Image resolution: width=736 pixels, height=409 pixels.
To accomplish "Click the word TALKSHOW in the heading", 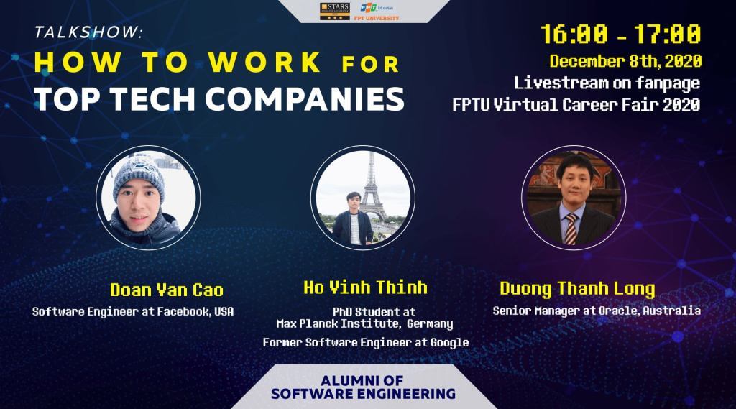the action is click(x=87, y=32).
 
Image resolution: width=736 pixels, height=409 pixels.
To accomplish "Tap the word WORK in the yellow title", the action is click(x=265, y=62).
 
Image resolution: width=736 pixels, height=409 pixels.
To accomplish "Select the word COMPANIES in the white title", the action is click(x=305, y=99).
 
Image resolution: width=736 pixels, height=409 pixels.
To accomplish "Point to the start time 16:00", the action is click(x=574, y=35).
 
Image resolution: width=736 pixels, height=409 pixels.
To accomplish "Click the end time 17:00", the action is click(x=668, y=35).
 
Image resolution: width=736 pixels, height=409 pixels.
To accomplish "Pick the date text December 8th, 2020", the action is click(x=626, y=61).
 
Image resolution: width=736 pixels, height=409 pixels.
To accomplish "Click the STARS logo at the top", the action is click(x=335, y=12).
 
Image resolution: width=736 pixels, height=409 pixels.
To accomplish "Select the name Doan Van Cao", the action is click(x=167, y=290).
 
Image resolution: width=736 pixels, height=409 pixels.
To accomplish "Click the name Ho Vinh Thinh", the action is click(x=365, y=288).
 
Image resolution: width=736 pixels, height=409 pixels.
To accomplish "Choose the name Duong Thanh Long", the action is click(x=577, y=288).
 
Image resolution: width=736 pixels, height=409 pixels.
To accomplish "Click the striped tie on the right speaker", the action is click(x=570, y=229).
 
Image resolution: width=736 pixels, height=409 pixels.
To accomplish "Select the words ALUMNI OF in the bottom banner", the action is click(x=362, y=380).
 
